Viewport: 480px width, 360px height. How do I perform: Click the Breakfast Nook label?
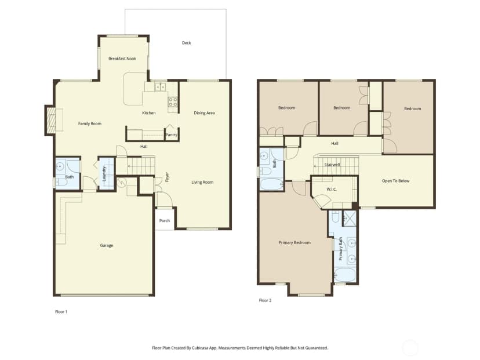[122, 59]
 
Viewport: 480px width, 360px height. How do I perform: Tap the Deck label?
[187, 43]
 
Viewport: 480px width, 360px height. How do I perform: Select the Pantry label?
[171, 134]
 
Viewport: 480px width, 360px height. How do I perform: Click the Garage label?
[107, 245]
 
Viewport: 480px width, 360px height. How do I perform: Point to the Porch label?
[165, 220]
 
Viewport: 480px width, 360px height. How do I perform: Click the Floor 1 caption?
[61, 312]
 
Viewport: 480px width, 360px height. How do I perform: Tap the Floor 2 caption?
[265, 300]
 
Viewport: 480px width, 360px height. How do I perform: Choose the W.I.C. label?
[332, 189]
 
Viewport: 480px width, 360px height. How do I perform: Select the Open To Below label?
[395, 181]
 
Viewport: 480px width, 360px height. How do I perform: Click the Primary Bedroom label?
[294, 242]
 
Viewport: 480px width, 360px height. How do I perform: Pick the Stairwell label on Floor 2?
[332, 165]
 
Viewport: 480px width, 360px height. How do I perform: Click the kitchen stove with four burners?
[173, 101]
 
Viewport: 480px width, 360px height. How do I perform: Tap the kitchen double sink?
[160, 87]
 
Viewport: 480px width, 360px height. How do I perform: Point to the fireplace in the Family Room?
[52, 121]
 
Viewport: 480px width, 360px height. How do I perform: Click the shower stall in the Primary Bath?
[350, 219]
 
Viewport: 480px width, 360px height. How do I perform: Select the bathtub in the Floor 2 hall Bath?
[272, 184]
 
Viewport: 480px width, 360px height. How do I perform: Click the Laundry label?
[104, 174]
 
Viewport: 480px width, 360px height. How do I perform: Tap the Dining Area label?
[204, 113]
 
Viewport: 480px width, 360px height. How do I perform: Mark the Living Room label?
[202, 182]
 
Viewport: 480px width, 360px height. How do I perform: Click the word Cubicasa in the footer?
[200, 348]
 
